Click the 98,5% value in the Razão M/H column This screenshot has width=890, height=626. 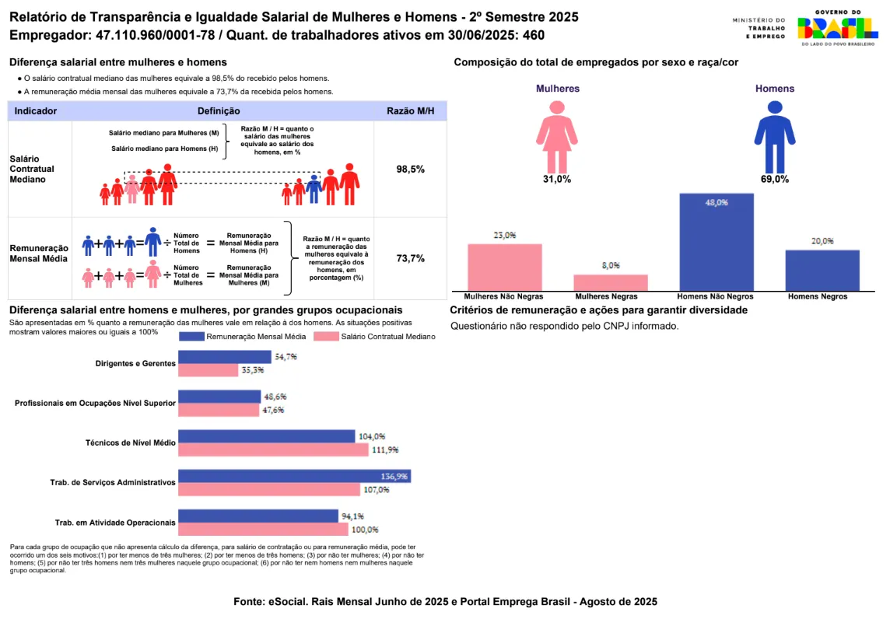coord(410,170)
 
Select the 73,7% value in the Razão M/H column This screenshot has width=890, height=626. coord(410,259)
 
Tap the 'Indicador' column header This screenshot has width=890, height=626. coord(36,111)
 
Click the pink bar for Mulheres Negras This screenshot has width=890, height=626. coord(611,283)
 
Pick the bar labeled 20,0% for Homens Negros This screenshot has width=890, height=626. coord(822,271)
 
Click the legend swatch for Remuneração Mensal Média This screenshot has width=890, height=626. coord(191,337)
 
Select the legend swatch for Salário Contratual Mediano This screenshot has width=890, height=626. coord(325,337)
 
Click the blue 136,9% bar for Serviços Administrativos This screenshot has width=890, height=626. coord(294,477)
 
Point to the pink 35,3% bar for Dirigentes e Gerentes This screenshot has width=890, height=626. coord(208,370)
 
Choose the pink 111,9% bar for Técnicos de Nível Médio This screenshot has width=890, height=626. coord(273,449)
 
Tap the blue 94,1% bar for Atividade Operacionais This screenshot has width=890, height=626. coord(258,516)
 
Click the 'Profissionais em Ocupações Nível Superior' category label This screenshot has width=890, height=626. coord(95,403)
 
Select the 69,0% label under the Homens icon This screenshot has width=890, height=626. coord(775,179)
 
